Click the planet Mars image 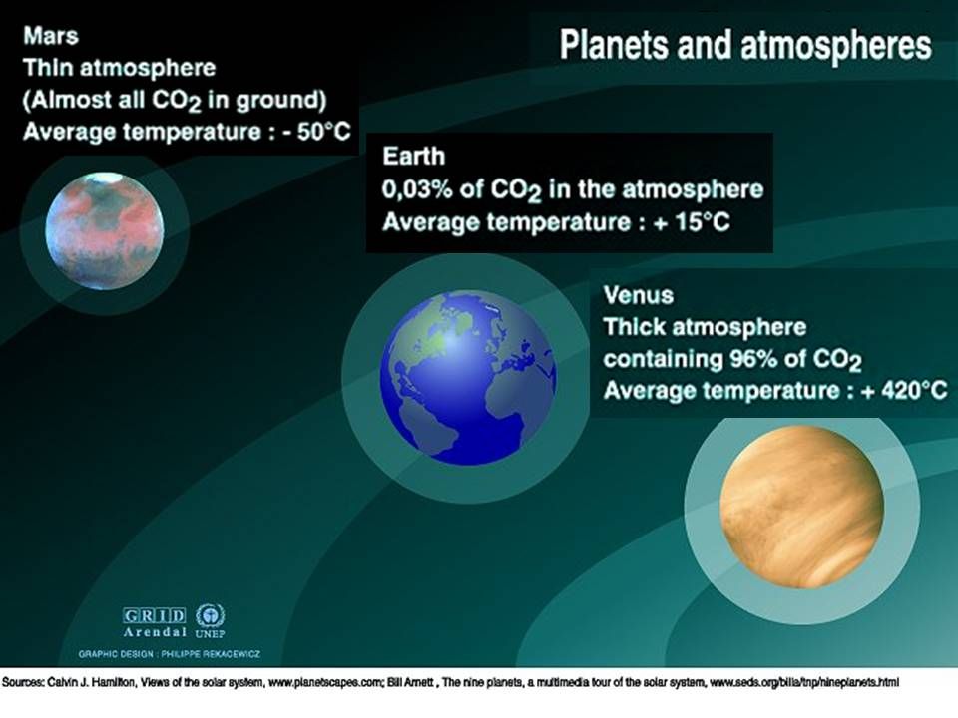coord(105,231)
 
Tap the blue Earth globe coord(468,378)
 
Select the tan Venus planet coord(801,508)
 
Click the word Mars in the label coord(51,36)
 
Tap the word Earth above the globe coord(413,157)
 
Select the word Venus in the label coord(638,295)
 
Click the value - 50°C coord(317,132)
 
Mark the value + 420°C coord(904,390)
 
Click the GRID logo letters coord(154,615)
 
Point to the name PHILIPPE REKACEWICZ coord(211,654)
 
